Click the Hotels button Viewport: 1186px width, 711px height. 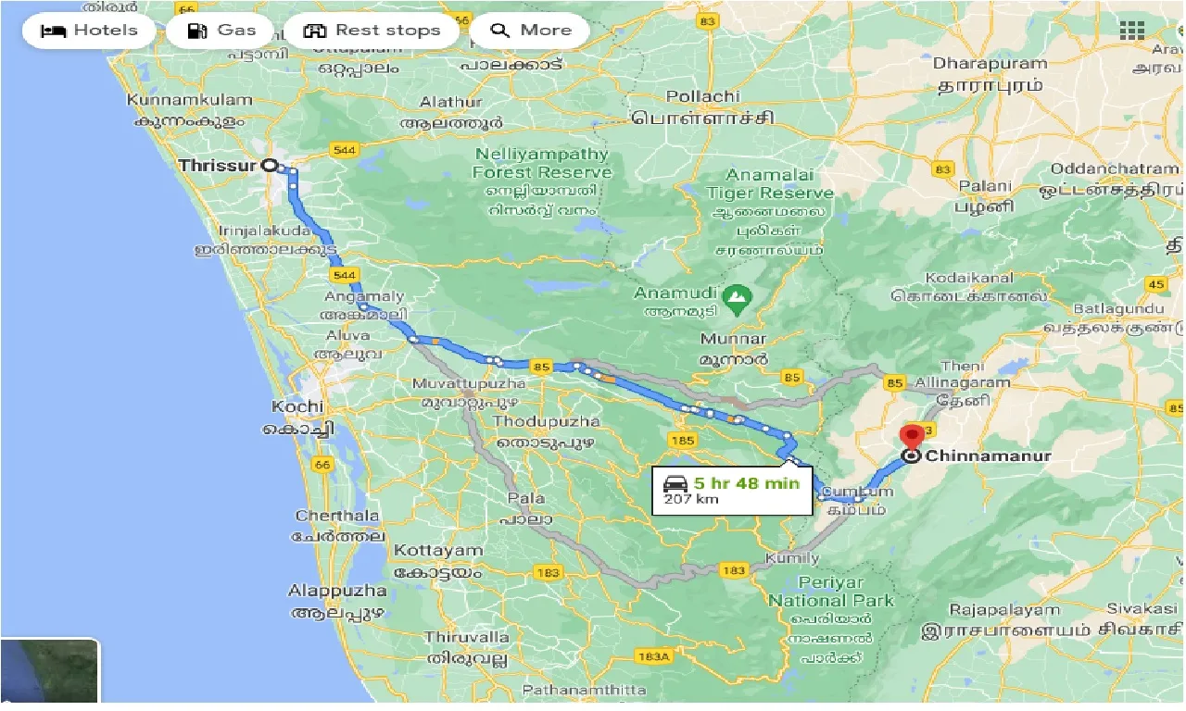pos(89,31)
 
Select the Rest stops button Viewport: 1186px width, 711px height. pos(372,31)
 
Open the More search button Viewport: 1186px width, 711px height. pos(530,31)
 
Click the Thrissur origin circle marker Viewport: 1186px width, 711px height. pos(270,166)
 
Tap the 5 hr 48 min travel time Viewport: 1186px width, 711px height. pos(746,482)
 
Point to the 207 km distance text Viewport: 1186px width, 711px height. pos(691,500)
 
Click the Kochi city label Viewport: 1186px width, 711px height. pos(297,406)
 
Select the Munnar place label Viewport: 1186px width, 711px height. pos(734,339)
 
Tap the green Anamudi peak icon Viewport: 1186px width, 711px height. pos(738,296)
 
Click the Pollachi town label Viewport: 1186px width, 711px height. pos(703,96)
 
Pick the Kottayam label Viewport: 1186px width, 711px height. pos(438,551)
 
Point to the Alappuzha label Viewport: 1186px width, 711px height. pos(337,591)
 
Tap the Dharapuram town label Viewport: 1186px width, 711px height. pos(990,64)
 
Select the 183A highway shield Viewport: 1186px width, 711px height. pos(653,656)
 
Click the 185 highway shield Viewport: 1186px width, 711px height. pos(682,441)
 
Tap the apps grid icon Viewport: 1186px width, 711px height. pos(1132,31)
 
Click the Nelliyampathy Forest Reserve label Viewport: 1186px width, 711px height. pos(542,163)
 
